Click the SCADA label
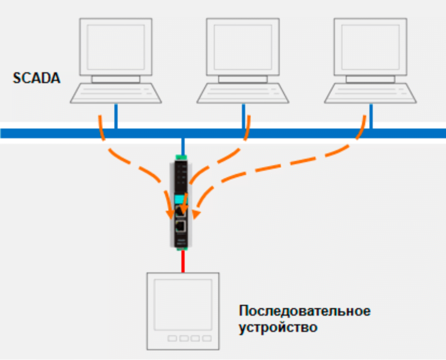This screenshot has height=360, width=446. point(37,78)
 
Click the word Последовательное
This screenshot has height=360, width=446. point(304,311)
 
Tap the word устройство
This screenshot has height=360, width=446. point(278,327)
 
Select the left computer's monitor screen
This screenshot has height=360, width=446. point(116,47)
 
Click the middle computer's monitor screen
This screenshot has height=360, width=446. point(243,47)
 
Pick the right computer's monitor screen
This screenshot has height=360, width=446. point(370,47)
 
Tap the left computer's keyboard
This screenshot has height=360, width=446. point(116,93)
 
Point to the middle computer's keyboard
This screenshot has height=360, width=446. point(243,93)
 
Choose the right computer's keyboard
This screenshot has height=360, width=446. point(370,93)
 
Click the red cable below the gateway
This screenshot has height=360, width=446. point(183,262)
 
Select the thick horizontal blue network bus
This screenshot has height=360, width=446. point(223,133)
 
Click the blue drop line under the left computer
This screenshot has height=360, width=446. point(116,116)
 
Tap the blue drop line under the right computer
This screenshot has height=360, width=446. point(371,116)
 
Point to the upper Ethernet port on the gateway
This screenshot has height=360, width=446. point(181,211)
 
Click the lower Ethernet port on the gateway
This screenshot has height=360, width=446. point(181,227)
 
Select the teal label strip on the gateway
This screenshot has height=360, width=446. point(180,199)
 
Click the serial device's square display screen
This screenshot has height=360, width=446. point(183,305)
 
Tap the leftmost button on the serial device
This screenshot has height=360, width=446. point(172,338)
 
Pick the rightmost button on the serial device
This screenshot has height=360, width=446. point(207,338)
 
